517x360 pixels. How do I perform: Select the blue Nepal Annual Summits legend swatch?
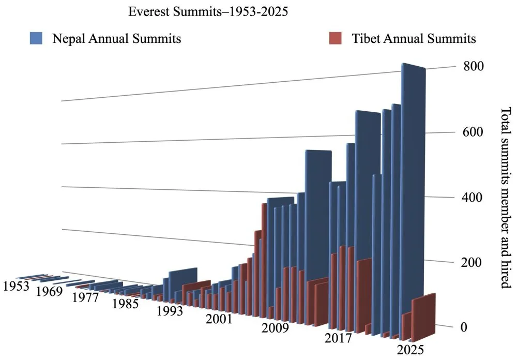point(37,38)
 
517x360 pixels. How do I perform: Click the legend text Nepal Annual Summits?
point(116,39)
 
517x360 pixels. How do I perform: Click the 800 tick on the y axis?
point(473,66)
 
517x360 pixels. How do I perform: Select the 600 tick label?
point(473,132)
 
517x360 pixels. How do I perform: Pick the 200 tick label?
point(473,263)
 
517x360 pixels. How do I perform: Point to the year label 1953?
point(15,286)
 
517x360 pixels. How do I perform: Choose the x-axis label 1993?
point(170,311)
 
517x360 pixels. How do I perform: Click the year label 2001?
point(219,319)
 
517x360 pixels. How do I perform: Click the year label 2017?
point(338,339)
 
